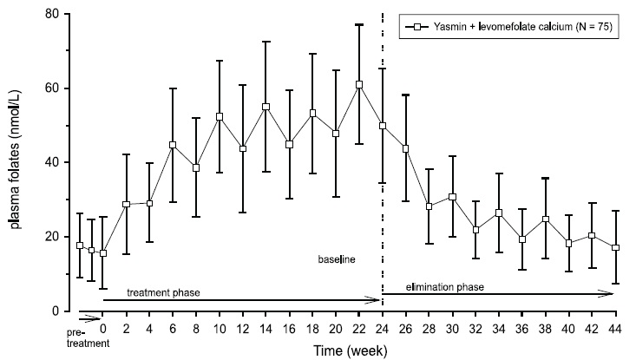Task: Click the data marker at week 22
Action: click(359, 84)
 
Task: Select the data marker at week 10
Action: click(220, 116)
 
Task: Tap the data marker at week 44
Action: click(615, 247)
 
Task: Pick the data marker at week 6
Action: click(173, 145)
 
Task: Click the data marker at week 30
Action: click(452, 197)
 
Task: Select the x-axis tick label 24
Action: click(383, 329)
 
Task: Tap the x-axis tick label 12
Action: click(242, 329)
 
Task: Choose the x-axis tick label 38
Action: click(545, 329)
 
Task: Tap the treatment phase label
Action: click(164, 292)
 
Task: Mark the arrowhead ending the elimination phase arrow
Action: click(611, 295)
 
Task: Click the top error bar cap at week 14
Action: click(266, 42)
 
